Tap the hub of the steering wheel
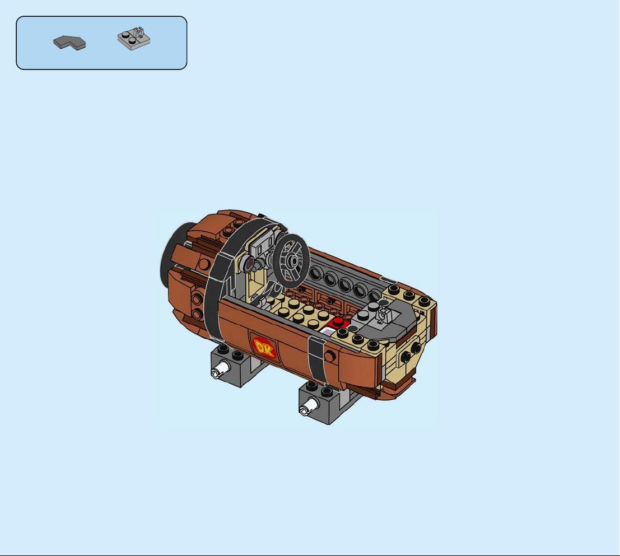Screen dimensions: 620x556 click(293, 261)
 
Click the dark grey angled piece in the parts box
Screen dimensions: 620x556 click(69, 43)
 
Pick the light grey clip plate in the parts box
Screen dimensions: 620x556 click(134, 39)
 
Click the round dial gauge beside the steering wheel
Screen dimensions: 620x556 click(249, 263)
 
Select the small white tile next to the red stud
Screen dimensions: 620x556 click(327, 331)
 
